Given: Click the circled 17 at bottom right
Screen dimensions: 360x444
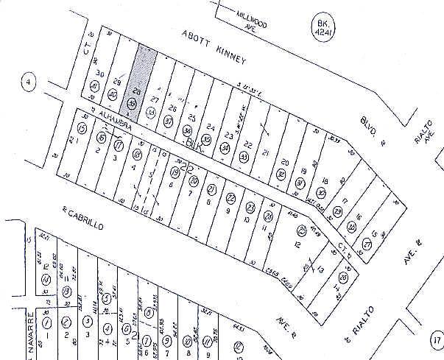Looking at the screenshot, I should click(434, 340).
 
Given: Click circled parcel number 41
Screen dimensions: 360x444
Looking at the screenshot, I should click(95, 88).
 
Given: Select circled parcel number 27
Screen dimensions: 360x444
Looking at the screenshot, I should click(367, 244).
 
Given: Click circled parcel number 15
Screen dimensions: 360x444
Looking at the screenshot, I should click(82, 129).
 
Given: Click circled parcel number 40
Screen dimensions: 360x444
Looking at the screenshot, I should click(113, 95).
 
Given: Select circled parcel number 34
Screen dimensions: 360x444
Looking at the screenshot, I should click(225, 147).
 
